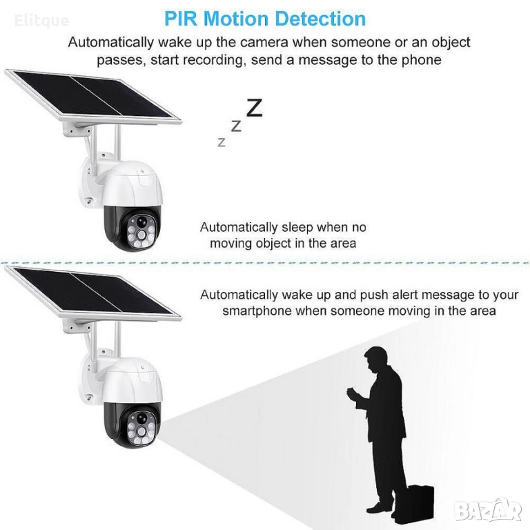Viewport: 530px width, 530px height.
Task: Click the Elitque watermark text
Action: (x=41, y=21)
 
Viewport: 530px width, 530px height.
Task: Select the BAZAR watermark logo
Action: (x=488, y=511)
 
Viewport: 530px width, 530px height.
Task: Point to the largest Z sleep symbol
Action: (x=254, y=108)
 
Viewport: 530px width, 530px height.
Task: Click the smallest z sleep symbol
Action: (x=222, y=142)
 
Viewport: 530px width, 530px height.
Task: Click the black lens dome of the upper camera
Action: (x=133, y=228)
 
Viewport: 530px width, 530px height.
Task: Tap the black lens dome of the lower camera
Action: (x=133, y=425)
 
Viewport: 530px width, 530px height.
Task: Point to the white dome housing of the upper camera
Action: (x=132, y=184)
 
